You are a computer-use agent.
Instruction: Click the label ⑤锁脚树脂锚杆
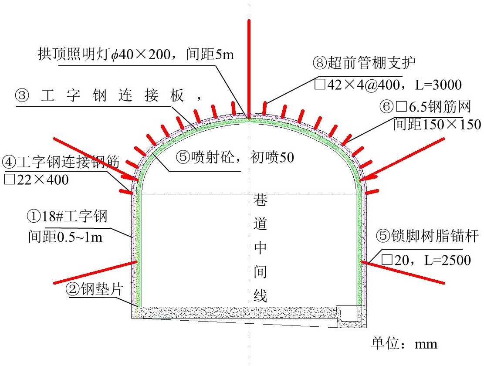tap(427, 237)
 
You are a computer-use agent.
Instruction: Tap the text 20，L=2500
tap(426, 260)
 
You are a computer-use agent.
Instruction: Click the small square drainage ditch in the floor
tap(349, 313)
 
